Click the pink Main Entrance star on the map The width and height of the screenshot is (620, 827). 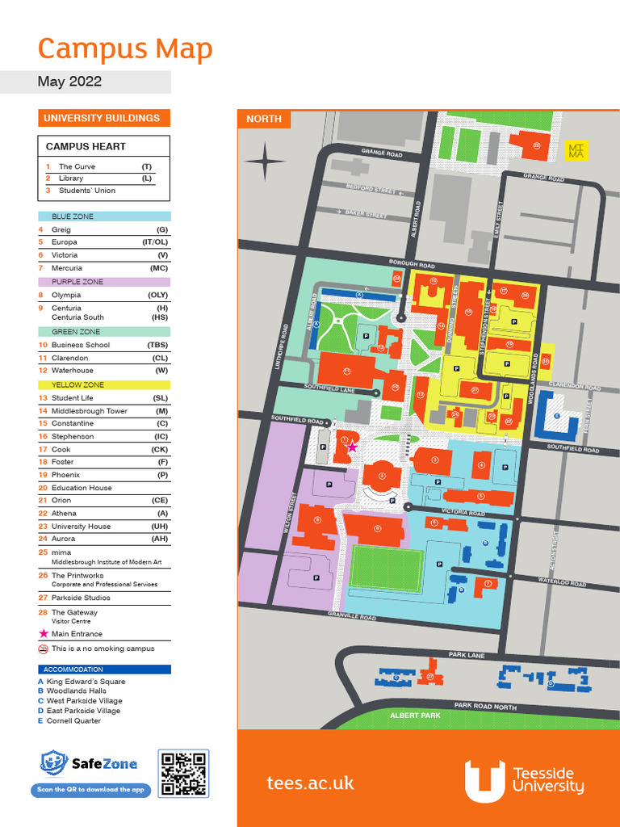click(x=352, y=447)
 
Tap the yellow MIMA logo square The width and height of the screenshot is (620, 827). click(x=576, y=151)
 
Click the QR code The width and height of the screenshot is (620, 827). click(x=183, y=773)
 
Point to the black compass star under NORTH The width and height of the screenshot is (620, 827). click(x=265, y=162)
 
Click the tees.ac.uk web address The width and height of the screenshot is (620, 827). click(x=310, y=783)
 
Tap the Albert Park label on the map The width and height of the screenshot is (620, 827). click(x=415, y=716)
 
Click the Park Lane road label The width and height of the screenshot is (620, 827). click(x=467, y=655)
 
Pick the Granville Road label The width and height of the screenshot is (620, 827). click(x=352, y=615)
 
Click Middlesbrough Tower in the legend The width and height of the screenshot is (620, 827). click(x=89, y=410)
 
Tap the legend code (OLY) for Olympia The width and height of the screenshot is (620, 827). click(x=157, y=295)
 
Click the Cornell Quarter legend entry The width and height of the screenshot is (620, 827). click(x=73, y=720)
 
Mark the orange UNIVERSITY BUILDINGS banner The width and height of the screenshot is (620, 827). click(x=104, y=118)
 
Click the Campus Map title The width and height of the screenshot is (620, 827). click(x=125, y=48)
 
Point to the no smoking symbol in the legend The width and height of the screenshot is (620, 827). click(x=43, y=649)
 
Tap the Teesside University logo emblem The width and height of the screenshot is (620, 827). click(x=484, y=781)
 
